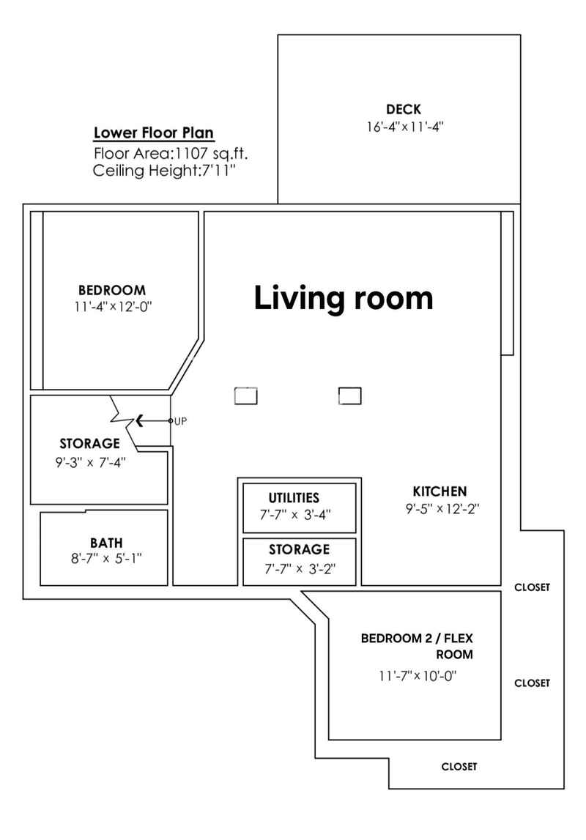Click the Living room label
tap(344, 298)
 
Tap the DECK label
tap(404, 109)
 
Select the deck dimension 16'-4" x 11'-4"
tap(406, 127)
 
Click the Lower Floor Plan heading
tap(154, 133)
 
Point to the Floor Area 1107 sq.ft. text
tap(171, 154)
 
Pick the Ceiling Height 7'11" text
tap(164, 171)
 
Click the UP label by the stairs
tap(180, 421)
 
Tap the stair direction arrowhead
tap(140, 421)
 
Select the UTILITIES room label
tap(294, 498)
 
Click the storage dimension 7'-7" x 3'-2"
tap(300, 568)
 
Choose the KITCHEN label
tap(439, 491)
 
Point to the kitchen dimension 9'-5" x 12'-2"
tap(442, 508)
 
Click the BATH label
tap(106, 543)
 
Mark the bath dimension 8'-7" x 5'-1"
tap(106, 559)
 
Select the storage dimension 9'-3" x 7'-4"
tap(90, 462)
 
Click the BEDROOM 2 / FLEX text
tap(417, 638)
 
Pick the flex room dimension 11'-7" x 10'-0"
tap(418, 676)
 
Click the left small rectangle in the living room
tap(246, 396)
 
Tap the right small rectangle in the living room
tap(350, 396)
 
